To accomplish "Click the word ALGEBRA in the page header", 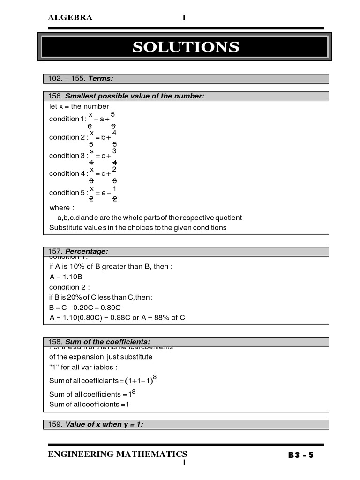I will pyautogui.click(x=70, y=18).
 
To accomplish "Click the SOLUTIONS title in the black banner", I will pyautogui.click(x=186, y=47).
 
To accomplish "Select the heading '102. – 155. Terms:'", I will pyautogui.click(x=81, y=78).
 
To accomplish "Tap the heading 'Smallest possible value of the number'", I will pyautogui.click(x=135, y=96).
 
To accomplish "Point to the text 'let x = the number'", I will pyautogui.click(x=79, y=106).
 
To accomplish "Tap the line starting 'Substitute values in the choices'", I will pyautogui.click(x=138, y=228).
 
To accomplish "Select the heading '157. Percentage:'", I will pyautogui.click(x=78, y=252).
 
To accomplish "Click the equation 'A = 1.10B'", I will pyautogui.click(x=66, y=277).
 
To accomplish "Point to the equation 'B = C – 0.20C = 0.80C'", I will pyautogui.click(x=85, y=307).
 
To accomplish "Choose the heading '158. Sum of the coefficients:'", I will pyautogui.click(x=99, y=342).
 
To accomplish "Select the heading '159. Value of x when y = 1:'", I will pyautogui.click(x=96, y=424).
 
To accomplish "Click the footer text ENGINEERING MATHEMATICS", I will pyautogui.click(x=117, y=454).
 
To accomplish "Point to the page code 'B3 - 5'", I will pyautogui.click(x=300, y=455).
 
